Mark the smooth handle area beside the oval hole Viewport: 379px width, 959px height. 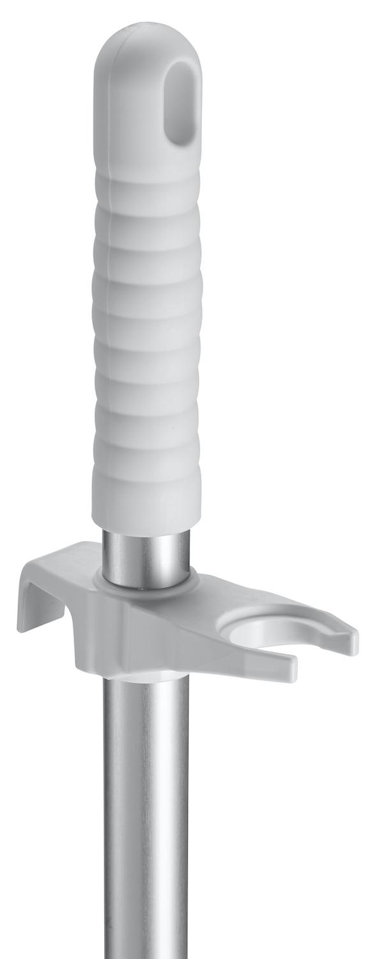(131, 109)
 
